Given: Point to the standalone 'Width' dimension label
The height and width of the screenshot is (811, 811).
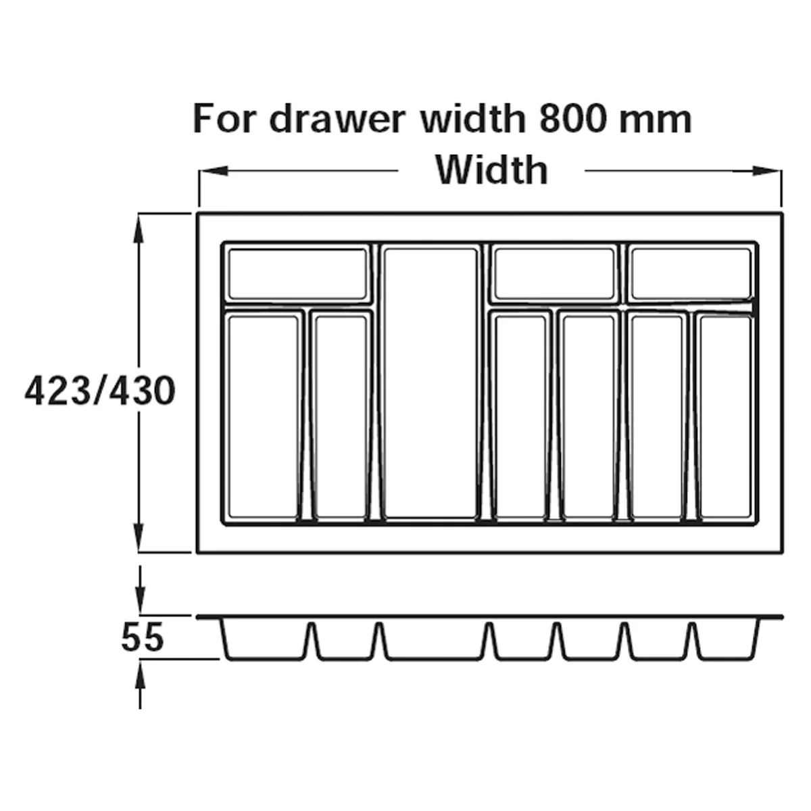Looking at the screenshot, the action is (491, 170).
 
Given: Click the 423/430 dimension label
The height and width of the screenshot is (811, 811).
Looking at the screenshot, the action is (100, 391).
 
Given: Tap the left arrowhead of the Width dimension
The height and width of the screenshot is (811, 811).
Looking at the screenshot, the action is (214, 171).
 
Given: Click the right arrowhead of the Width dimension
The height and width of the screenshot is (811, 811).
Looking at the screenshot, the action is (768, 171).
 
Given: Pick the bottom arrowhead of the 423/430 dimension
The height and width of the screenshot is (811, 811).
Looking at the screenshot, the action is (139, 537).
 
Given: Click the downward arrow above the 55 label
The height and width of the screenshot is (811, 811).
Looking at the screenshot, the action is (140, 590).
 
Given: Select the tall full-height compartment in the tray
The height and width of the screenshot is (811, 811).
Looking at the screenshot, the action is (431, 383).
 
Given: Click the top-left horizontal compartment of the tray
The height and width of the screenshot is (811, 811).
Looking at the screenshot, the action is (297, 274).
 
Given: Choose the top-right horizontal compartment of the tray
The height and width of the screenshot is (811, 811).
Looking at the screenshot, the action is (691, 274).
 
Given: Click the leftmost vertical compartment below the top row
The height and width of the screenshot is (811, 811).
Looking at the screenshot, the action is (263, 417).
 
